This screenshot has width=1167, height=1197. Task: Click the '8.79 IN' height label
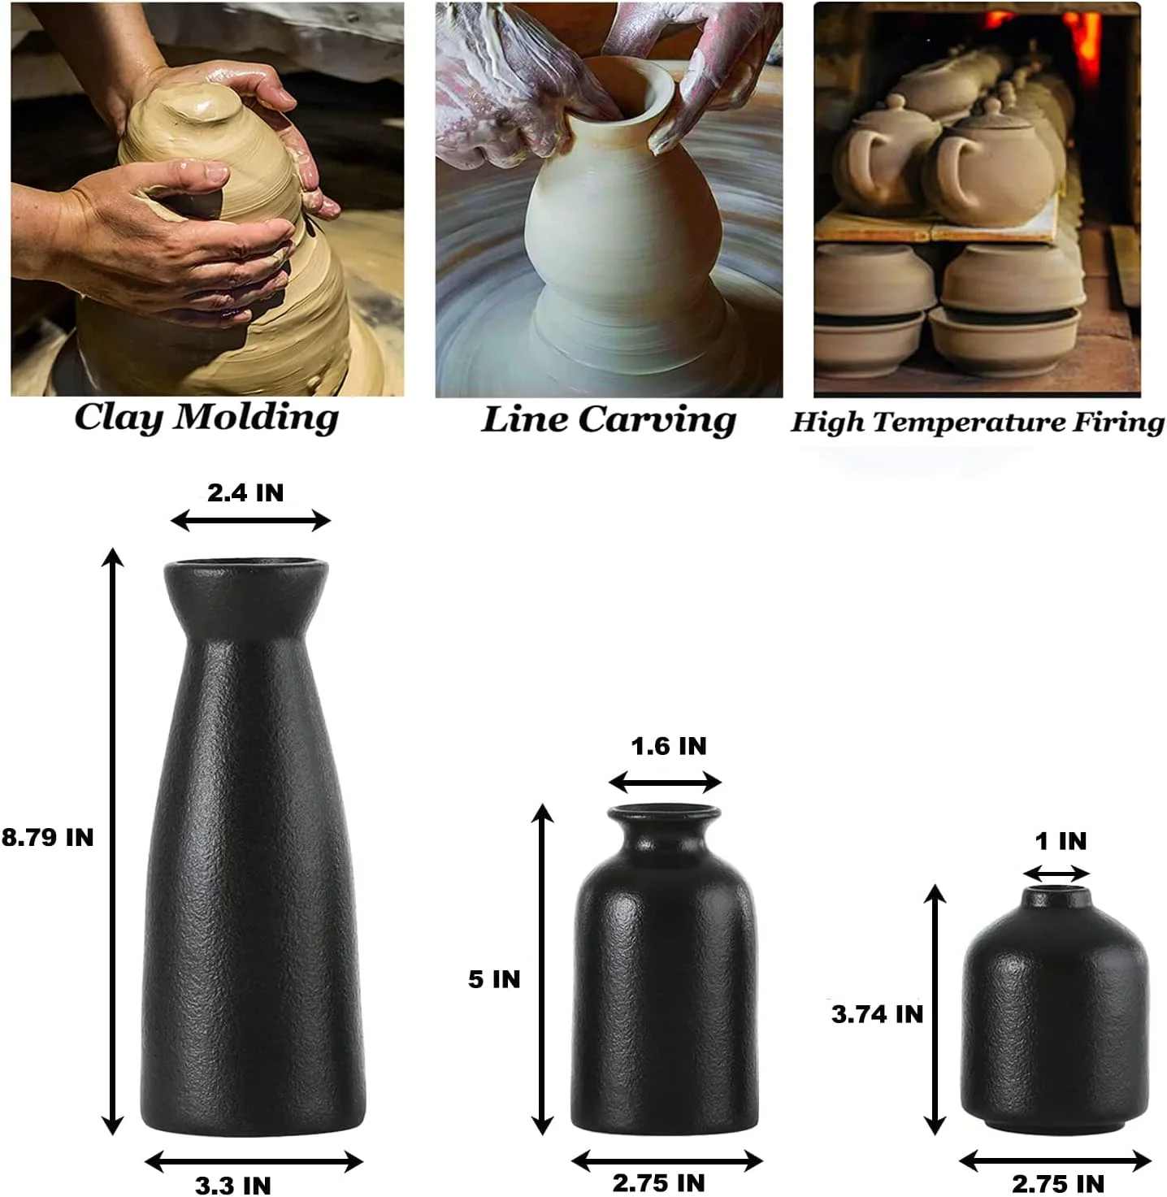(47, 837)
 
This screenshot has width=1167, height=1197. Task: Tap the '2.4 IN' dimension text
(245, 492)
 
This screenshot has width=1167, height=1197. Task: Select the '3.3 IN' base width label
(233, 1185)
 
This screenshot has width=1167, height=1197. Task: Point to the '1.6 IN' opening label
(669, 746)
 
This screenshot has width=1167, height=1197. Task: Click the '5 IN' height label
(494, 978)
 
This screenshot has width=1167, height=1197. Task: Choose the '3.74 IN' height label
(877, 1013)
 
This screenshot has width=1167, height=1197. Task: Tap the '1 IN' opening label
(1061, 841)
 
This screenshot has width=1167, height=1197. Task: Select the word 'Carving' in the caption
(657, 421)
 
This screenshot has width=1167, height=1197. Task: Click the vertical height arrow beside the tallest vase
(112, 841)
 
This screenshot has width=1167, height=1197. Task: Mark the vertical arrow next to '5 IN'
(542, 969)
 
